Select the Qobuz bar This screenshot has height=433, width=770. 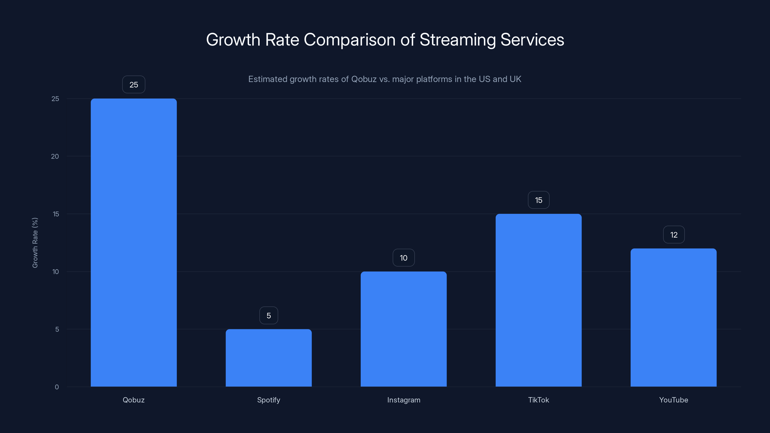click(134, 242)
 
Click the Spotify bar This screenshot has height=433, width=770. click(269, 358)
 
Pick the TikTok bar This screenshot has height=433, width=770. click(538, 300)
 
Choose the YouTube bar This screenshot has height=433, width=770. click(674, 317)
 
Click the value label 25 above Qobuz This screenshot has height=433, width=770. click(134, 85)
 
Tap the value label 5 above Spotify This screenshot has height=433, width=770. click(269, 316)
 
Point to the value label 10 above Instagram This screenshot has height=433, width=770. click(404, 258)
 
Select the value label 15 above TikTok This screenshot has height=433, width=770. click(538, 200)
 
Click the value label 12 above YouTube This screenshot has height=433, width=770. click(674, 235)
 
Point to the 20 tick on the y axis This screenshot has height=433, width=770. click(55, 156)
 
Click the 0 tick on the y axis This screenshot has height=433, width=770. click(57, 387)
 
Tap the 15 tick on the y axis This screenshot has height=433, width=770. click(56, 214)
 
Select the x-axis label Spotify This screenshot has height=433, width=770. click(269, 400)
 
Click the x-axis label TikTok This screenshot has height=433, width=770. click(538, 400)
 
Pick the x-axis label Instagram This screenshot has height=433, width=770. click(404, 400)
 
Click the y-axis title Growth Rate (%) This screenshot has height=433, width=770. click(35, 243)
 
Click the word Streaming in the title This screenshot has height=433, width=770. click(458, 40)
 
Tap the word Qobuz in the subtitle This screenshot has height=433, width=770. click(364, 79)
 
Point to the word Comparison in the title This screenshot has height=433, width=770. click(349, 40)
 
